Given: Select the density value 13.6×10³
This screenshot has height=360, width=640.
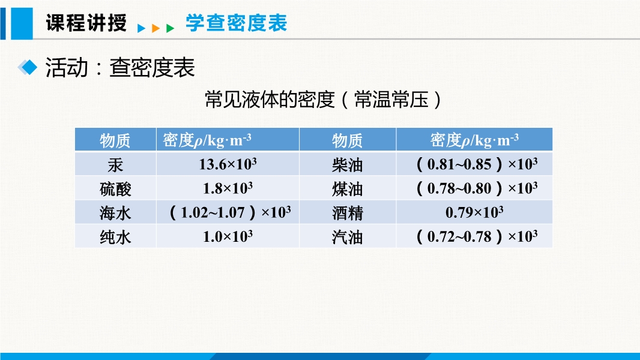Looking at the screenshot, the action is [x=228, y=164].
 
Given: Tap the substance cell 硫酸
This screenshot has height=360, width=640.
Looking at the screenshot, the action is [x=115, y=189].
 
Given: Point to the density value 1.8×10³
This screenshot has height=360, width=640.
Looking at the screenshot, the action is [x=228, y=188].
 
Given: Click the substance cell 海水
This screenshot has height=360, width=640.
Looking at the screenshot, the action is [x=115, y=213].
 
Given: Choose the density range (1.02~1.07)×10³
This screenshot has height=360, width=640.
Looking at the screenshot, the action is [x=230, y=212].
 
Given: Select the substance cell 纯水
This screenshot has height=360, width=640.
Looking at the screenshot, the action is [x=115, y=237].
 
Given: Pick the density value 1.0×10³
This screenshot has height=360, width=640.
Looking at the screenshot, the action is [x=228, y=236].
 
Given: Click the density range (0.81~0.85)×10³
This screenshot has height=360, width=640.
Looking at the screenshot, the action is [x=477, y=164].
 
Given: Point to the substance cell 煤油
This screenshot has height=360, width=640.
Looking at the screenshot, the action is [x=348, y=189].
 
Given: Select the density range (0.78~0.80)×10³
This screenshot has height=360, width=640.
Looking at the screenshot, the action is [x=477, y=188].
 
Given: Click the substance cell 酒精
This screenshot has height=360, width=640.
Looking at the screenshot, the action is [x=348, y=213].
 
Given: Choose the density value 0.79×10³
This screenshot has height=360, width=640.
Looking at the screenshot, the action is [x=474, y=212].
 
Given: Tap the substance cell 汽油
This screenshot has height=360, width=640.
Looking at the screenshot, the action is [x=348, y=237].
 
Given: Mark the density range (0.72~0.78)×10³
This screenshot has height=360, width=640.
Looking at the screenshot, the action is [x=477, y=236].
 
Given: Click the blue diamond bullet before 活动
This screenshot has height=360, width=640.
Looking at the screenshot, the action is [x=28, y=67].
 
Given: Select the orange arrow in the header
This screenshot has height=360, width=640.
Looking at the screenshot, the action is [x=155, y=28].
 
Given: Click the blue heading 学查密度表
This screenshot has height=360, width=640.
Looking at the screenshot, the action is [x=237, y=22].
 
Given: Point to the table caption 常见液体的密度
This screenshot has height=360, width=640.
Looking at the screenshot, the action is [x=270, y=100].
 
